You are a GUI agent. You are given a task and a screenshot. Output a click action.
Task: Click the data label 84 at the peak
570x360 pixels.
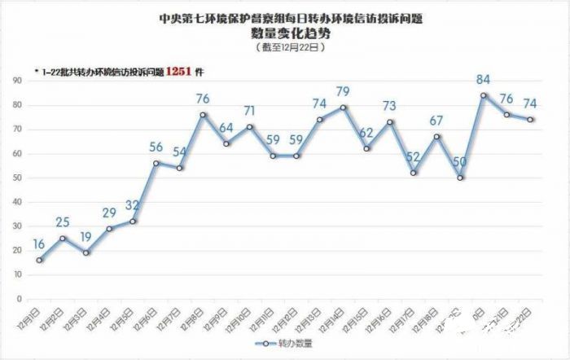(x=484, y=80)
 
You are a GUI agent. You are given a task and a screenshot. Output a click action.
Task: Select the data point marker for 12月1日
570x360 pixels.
(x=39, y=261)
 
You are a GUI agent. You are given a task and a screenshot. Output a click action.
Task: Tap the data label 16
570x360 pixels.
(x=39, y=244)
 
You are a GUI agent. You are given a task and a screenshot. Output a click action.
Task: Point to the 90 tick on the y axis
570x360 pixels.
(x=16, y=81)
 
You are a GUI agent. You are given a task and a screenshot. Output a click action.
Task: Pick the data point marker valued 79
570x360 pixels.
(x=343, y=108)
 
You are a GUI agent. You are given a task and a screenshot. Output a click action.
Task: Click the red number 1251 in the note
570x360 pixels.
(x=178, y=72)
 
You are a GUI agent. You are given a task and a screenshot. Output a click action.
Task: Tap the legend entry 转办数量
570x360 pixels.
(x=289, y=344)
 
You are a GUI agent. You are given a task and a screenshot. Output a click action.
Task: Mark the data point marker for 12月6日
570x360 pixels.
(x=156, y=163)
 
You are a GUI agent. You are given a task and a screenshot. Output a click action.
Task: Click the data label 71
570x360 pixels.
(x=249, y=111)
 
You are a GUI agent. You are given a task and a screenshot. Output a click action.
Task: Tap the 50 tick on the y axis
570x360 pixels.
(x=16, y=178)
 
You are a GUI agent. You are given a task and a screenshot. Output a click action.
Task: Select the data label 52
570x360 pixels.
(x=413, y=157)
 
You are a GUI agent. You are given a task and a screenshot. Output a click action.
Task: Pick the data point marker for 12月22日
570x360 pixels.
(x=530, y=120)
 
